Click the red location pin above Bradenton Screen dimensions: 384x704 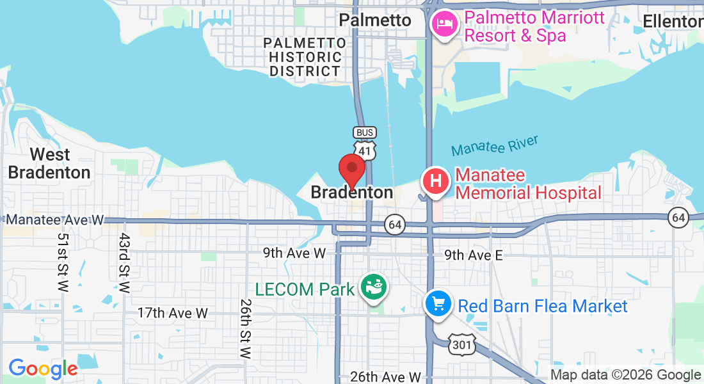pos(351,169)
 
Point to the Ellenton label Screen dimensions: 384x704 pos(672,21)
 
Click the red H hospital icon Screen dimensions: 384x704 pos(435,182)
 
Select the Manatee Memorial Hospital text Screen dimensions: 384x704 pos(529,184)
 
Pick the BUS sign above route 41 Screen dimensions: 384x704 pos(364,132)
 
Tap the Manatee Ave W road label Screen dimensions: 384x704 pos(54,220)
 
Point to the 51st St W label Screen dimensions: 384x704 pos(63,262)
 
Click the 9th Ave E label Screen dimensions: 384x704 pos(474,255)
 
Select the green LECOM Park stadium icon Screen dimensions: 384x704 pos(373,287)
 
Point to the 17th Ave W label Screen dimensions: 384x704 pos(173,313)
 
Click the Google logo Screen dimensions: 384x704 pos(43,369)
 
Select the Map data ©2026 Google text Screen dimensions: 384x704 pos(626,375)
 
